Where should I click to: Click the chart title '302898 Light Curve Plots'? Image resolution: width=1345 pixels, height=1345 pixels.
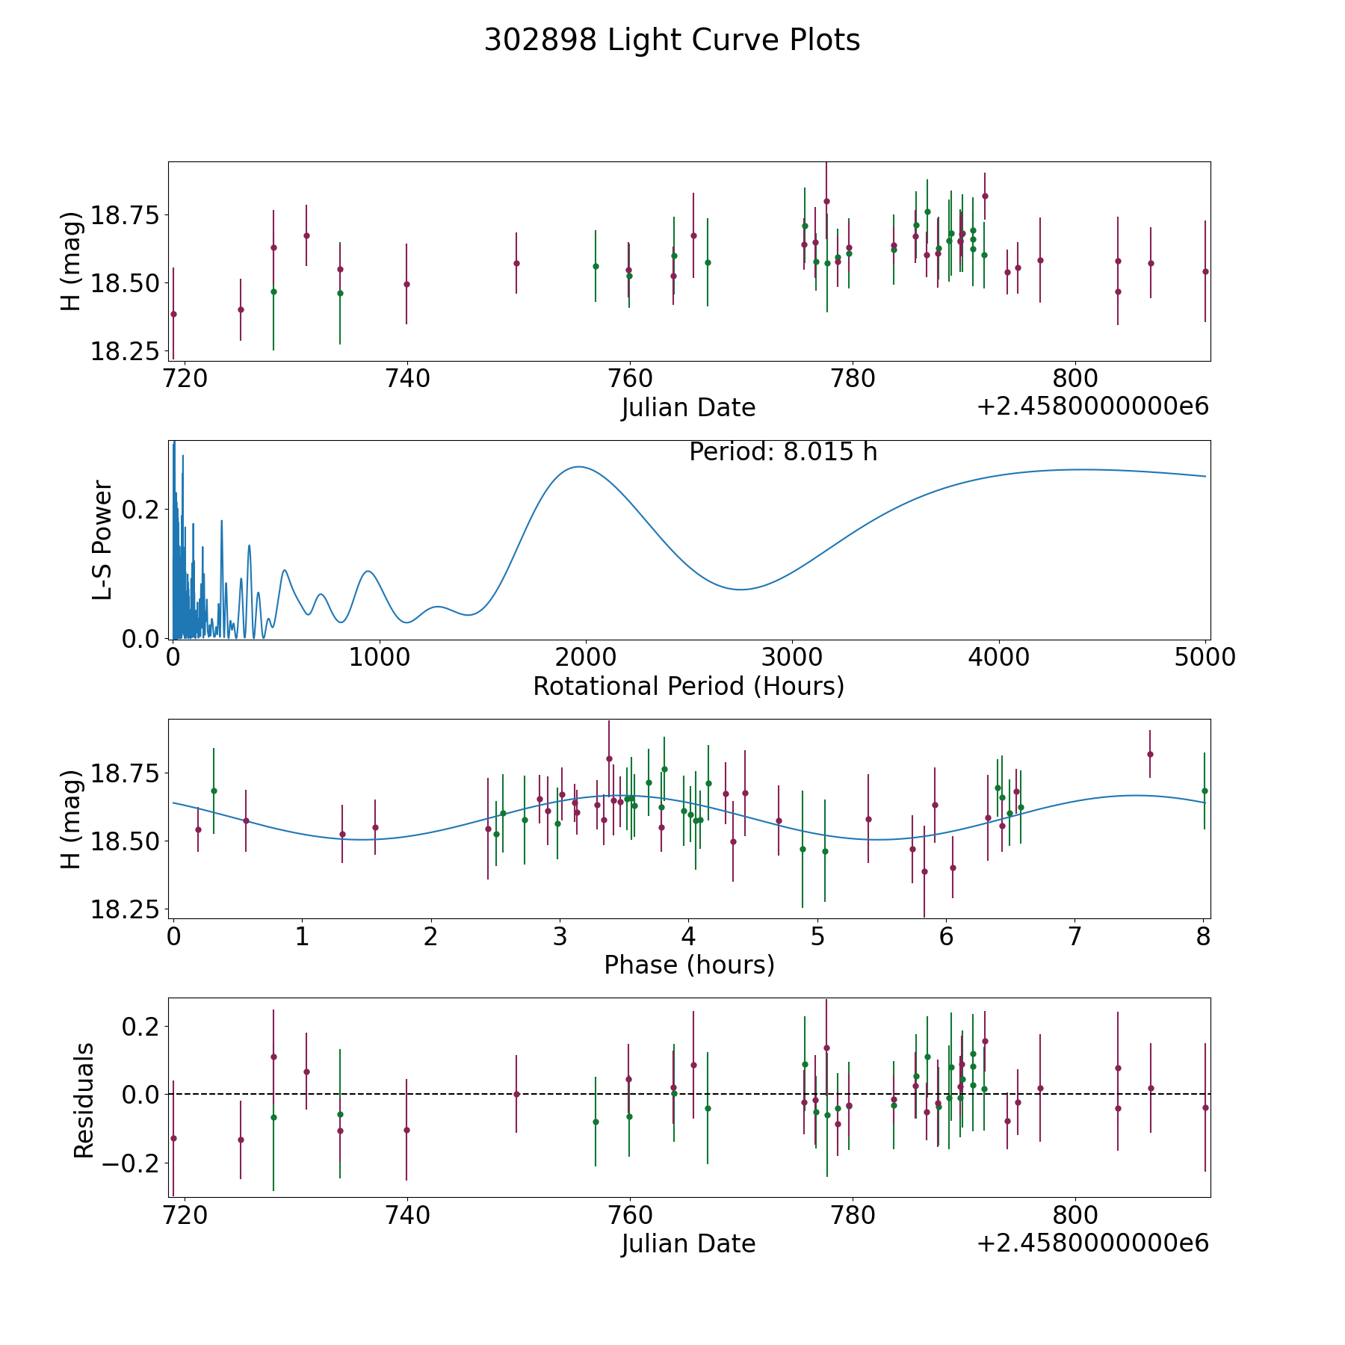tap(672, 40)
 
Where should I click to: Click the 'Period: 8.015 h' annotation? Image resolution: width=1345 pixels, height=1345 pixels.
tap(783, 452)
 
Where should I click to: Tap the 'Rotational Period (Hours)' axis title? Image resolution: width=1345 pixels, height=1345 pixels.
tap(688, 686)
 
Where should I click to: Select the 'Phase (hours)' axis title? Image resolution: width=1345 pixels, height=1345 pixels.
tap(689, 965)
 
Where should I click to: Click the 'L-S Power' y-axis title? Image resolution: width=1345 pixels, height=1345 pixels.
tap(103, 539)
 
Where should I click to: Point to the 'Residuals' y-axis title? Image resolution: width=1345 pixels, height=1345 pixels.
tap(84, 1100)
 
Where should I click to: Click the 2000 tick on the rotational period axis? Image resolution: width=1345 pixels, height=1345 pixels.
tap(586, 658)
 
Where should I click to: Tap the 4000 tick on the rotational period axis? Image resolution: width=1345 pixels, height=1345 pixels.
tap(998, 658)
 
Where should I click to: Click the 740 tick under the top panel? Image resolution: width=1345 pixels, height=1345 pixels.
tap(406, 379)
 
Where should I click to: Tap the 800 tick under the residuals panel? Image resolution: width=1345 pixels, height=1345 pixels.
tap(1075, 1215)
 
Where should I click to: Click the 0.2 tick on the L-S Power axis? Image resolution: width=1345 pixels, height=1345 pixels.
tap(141, 510)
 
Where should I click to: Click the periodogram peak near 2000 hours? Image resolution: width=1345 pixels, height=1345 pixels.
tap(578, 467)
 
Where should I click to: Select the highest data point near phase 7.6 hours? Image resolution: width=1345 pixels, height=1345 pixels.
tap(1150, 754)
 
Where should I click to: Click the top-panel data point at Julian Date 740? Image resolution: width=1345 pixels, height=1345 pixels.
tap(406, 284)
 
